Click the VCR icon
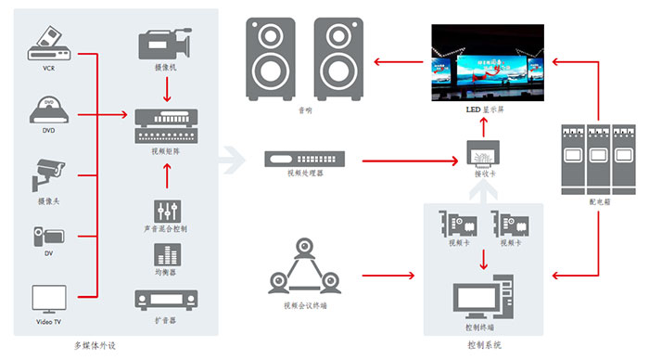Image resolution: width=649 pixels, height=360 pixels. pos(48,43)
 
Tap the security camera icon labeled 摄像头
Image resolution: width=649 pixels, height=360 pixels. pos(47,174)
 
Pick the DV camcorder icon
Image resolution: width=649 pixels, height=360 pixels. pos(48,236)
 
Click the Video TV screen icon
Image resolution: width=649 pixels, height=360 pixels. pos(48,298)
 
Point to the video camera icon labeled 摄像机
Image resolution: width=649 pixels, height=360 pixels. pos(164,44)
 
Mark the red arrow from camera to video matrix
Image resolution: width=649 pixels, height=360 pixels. pos(167,88)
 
